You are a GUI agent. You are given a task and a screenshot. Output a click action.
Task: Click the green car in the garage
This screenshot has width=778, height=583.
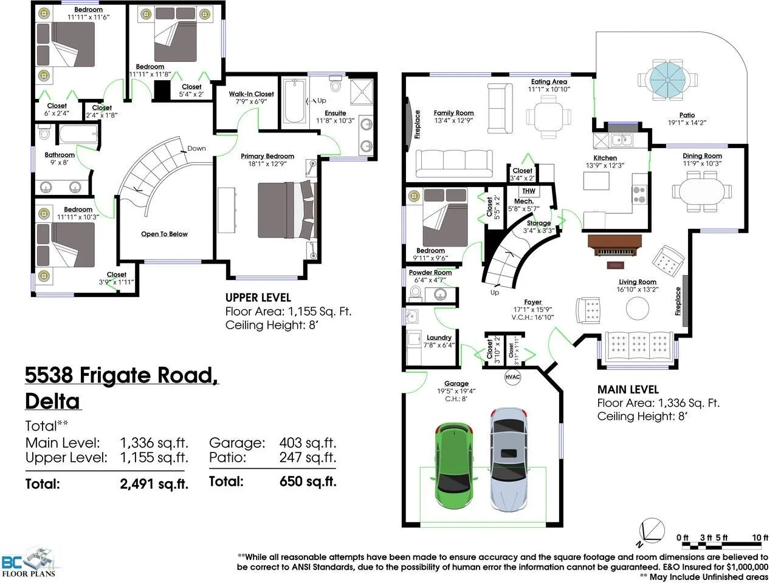[453, 465]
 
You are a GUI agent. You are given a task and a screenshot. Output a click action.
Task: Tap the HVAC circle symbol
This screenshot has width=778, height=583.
[513, 377]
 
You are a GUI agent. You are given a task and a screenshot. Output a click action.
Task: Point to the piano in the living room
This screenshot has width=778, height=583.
[614, 246]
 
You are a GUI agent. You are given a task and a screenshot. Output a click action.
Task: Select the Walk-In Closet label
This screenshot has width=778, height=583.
[251, 94]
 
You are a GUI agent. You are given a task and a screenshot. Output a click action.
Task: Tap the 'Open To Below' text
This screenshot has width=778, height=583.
[164, 234]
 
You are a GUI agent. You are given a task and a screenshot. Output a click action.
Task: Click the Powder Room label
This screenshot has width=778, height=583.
[430, 273]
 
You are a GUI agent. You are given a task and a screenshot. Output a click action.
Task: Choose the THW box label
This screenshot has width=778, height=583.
[528, 191]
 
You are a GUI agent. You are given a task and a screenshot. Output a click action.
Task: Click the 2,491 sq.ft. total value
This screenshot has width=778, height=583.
[154, 483]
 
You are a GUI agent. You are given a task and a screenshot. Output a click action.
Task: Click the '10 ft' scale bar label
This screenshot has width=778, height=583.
[760, 537]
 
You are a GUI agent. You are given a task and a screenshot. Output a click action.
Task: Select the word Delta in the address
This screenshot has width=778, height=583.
[52, 401]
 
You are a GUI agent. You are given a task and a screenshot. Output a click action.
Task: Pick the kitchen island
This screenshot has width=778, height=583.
[596, 180]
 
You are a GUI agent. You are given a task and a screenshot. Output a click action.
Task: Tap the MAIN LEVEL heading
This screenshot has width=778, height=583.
[628, 389]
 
